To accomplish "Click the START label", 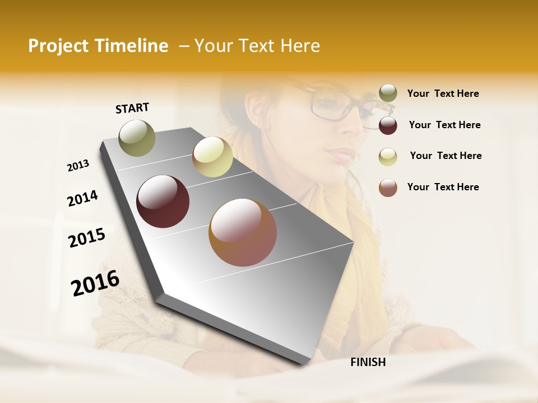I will (x=132, y=108).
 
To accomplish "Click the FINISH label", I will (x=368, y=362).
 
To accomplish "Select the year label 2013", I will (x=78, y=166).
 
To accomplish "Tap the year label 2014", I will (x=82, y=198).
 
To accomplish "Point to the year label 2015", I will (x=87, y=238).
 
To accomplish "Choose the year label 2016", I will (x=95, y=283).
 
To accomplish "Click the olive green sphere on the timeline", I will (x=137, y=138).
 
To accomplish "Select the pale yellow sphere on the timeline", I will (x=212, y=157).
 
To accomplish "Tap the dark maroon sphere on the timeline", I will (x=163, y=201).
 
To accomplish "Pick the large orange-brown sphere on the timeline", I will (x=243, y=232).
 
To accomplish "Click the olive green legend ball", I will (x=388, y=93).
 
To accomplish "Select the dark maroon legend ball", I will (x=388, y=125).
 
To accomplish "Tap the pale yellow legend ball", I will (x=388, y=157).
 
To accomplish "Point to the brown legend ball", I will (x=388, y=188).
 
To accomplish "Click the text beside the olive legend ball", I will (x=443, y=93).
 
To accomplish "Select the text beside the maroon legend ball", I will (x=445, y=125).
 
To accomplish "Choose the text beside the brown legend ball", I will (x=443, y=187).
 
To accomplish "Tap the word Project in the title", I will (x=58, y=46).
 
